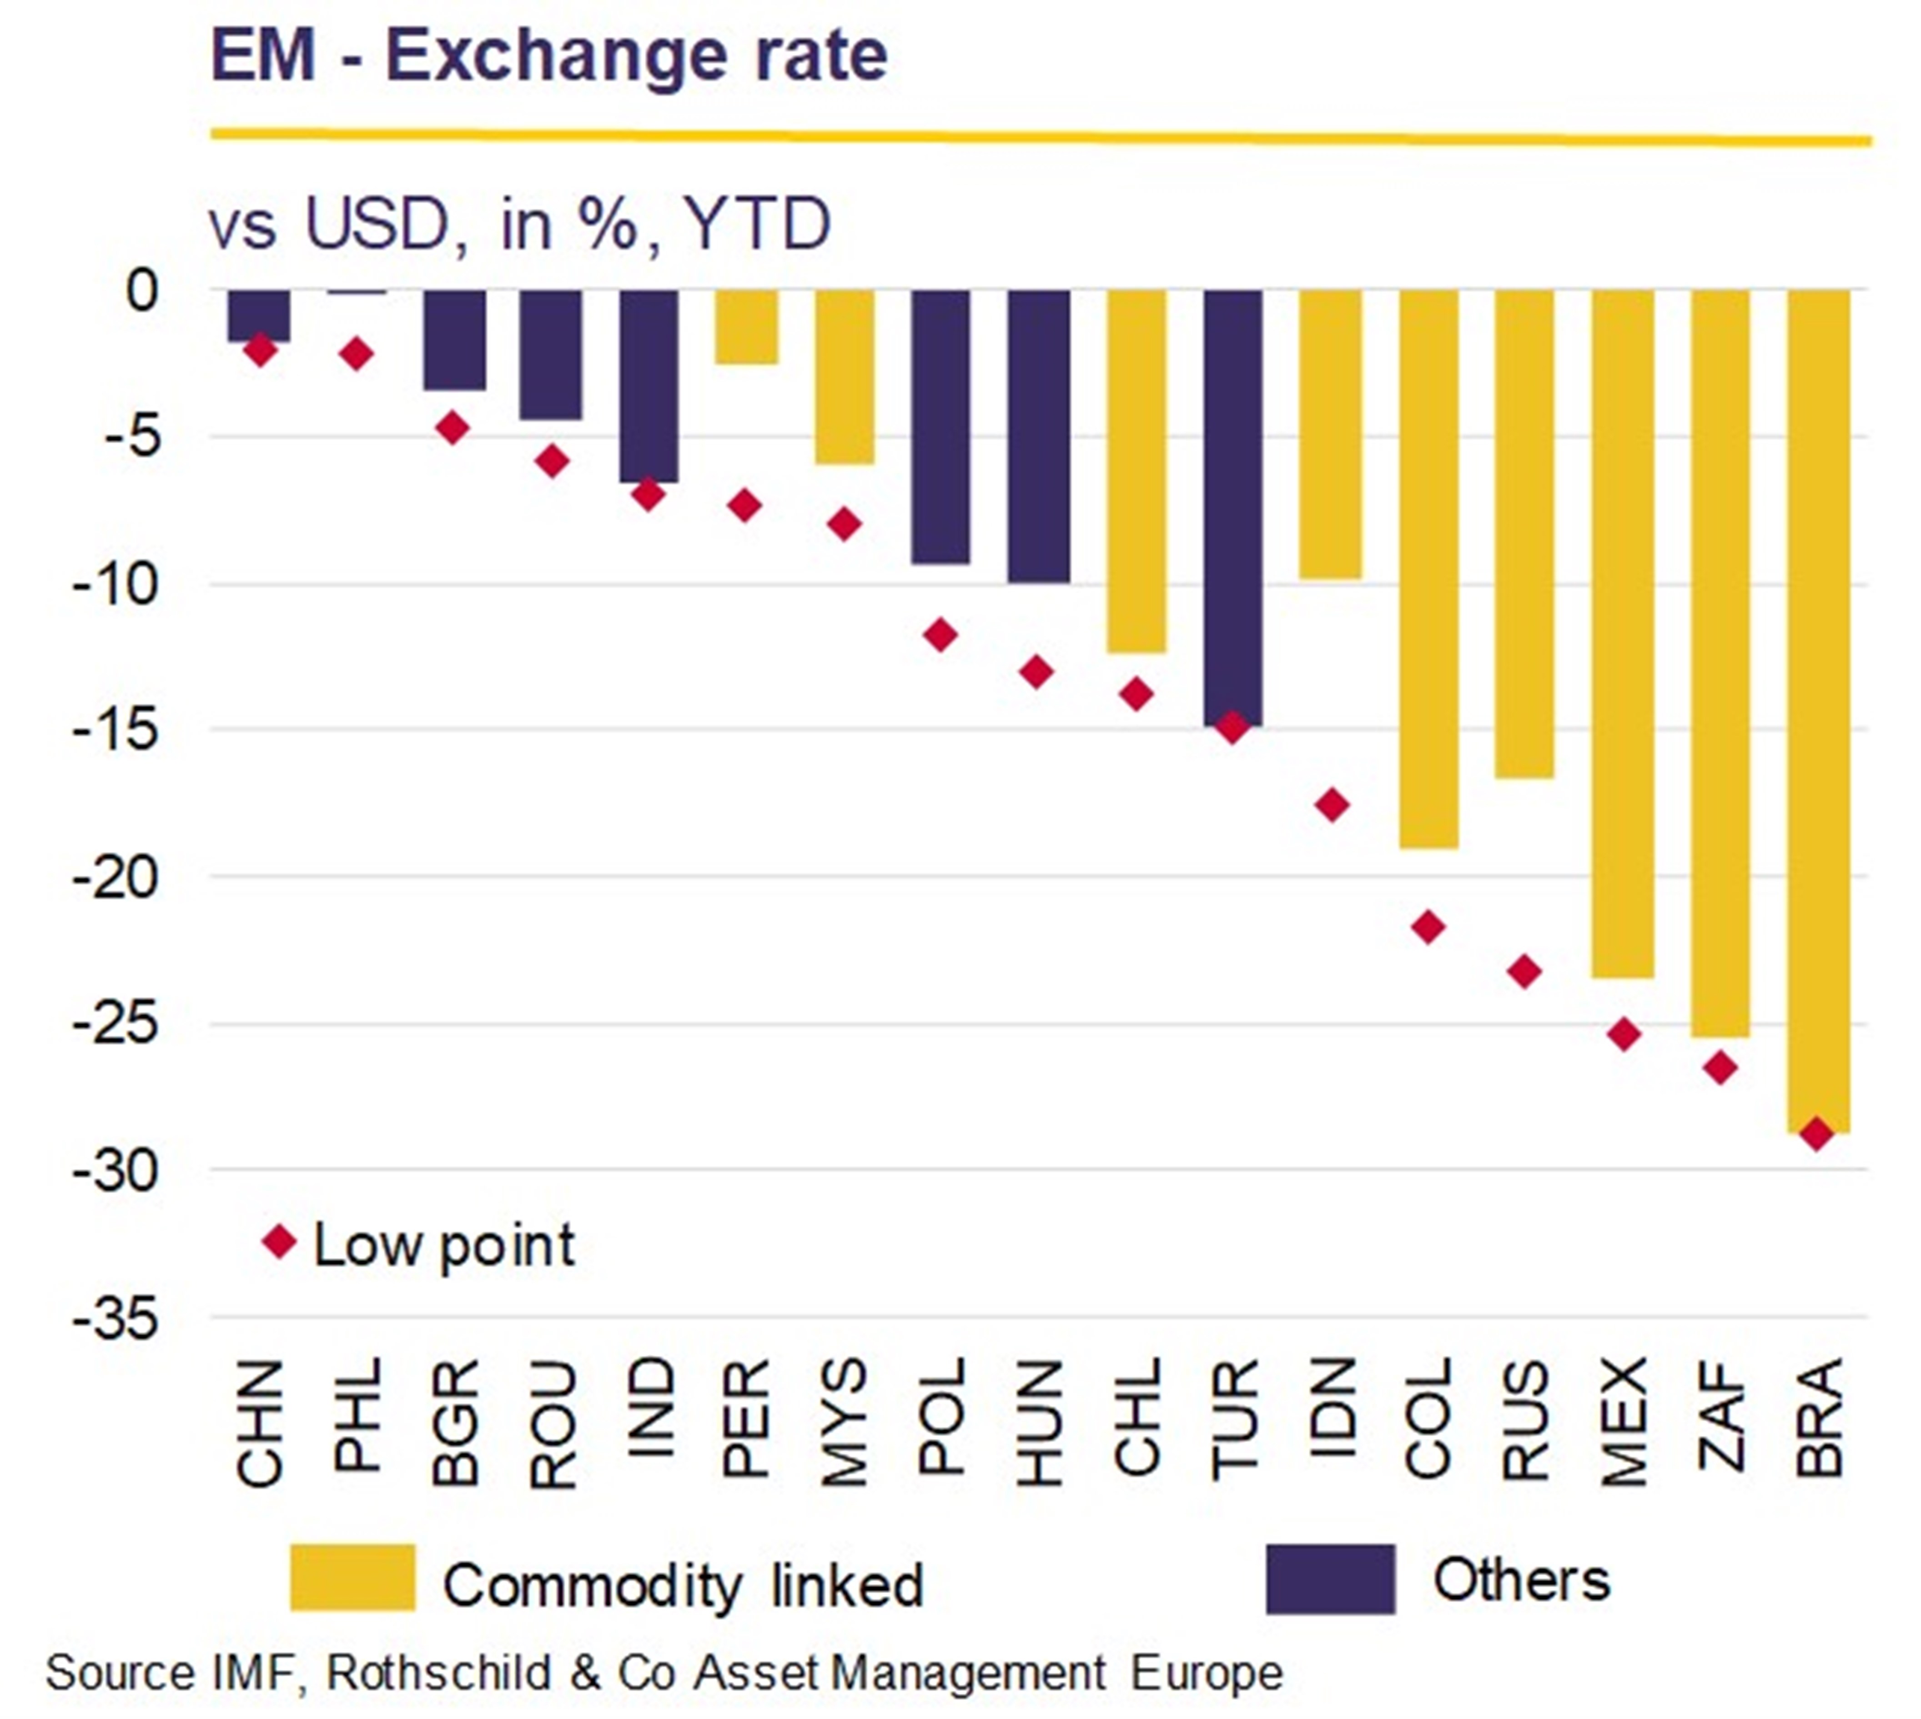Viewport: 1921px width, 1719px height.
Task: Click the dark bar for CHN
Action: (259, 316)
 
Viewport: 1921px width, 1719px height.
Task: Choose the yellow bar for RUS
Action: (1524, 534)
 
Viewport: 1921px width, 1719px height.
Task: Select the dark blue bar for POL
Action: (940, 427)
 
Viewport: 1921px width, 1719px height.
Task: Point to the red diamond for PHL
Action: (356, 354)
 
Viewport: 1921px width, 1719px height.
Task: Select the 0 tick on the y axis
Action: (142, 291)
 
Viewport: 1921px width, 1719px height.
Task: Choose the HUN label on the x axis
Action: (1039, 1422)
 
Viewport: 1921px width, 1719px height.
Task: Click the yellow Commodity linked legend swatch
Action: (352, 1577)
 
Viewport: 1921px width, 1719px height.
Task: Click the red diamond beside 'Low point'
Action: (280, 1241)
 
